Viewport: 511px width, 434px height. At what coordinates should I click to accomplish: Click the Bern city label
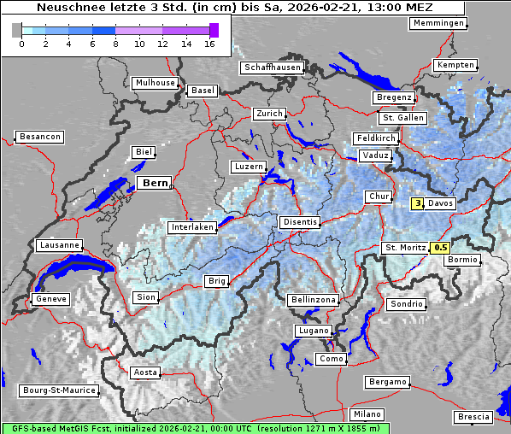tap(155, 183)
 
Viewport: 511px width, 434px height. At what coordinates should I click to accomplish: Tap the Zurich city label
tap(268, 114)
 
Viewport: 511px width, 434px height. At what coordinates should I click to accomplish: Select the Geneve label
tap(50, 299)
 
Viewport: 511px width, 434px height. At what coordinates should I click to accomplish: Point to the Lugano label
tap(313, 331)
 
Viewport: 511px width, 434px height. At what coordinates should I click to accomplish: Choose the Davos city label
tap(441, 203)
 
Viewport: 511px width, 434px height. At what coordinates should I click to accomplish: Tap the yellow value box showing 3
tap(418, 203)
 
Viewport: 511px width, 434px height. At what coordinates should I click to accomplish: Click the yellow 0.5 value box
tap(441, 248)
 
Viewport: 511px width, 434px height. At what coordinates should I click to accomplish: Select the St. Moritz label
tap(405, 248)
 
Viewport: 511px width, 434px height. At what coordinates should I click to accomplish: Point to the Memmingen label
tap(438, 23)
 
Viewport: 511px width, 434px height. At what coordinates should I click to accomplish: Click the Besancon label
tap(39, 137)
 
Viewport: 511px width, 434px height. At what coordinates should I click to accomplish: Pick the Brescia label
tap(473, 416)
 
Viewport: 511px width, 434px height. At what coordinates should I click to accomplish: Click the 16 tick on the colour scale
tap(209, 43)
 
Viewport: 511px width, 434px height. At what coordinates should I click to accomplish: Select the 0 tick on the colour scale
tap(21, 43)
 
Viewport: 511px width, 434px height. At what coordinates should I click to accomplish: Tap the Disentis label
tap(300, 222)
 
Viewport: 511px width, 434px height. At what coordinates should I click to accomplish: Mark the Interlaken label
tap(192, 228)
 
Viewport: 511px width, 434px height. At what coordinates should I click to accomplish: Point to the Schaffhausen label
tap(272, 67)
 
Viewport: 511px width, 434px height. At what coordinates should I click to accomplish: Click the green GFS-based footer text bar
tap(195, 428)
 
